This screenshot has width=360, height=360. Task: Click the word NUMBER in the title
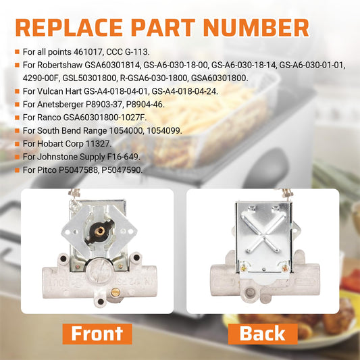[256, 28]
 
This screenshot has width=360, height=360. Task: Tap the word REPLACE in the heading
[69, 28]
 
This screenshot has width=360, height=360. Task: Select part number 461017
[88, 52]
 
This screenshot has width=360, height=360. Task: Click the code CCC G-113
[128, 52]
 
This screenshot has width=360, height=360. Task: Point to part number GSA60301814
[113, 66]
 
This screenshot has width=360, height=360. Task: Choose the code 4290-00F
[41, 78]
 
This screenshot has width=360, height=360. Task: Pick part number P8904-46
[145, 105]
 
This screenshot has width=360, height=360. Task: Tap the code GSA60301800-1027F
[105, 118]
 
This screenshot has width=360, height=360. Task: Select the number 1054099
[164, 130]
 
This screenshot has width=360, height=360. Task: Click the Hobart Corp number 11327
[99, 144]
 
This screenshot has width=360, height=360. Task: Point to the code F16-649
[124, 157]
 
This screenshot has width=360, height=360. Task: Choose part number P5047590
[122, 170]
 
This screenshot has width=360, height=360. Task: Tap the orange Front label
[97, 334]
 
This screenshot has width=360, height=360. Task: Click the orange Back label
[263, 334]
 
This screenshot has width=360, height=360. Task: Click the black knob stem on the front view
[99, 231]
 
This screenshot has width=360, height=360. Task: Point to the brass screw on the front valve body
[115, 292]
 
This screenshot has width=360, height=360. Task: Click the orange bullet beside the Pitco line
[17, 170]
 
